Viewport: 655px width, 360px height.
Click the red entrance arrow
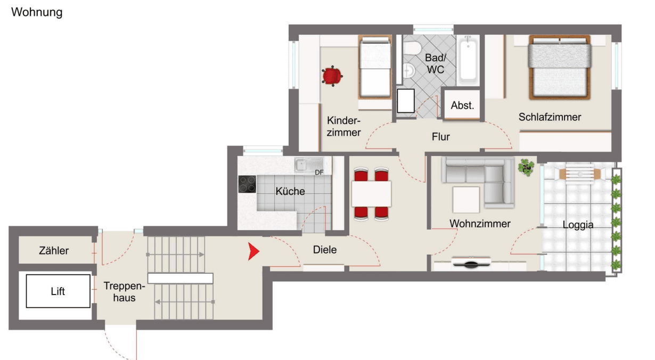[253, 252]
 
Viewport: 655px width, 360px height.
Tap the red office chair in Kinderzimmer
[332, 76]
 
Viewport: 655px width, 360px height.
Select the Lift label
[58, 291]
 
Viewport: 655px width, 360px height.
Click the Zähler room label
[54, 250]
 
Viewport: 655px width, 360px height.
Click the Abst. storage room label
[462, 105]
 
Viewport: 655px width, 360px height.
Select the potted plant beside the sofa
[526, 168]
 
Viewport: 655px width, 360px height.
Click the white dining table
[371, 194]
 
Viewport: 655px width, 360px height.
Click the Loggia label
[578, 225]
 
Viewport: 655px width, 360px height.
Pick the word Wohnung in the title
[37, 12]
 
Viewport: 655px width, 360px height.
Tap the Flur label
[441, 137]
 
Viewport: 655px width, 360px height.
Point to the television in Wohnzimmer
[471, 263]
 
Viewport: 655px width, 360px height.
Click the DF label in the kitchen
[319, 173]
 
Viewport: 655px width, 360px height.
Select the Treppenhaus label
[120, 291]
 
